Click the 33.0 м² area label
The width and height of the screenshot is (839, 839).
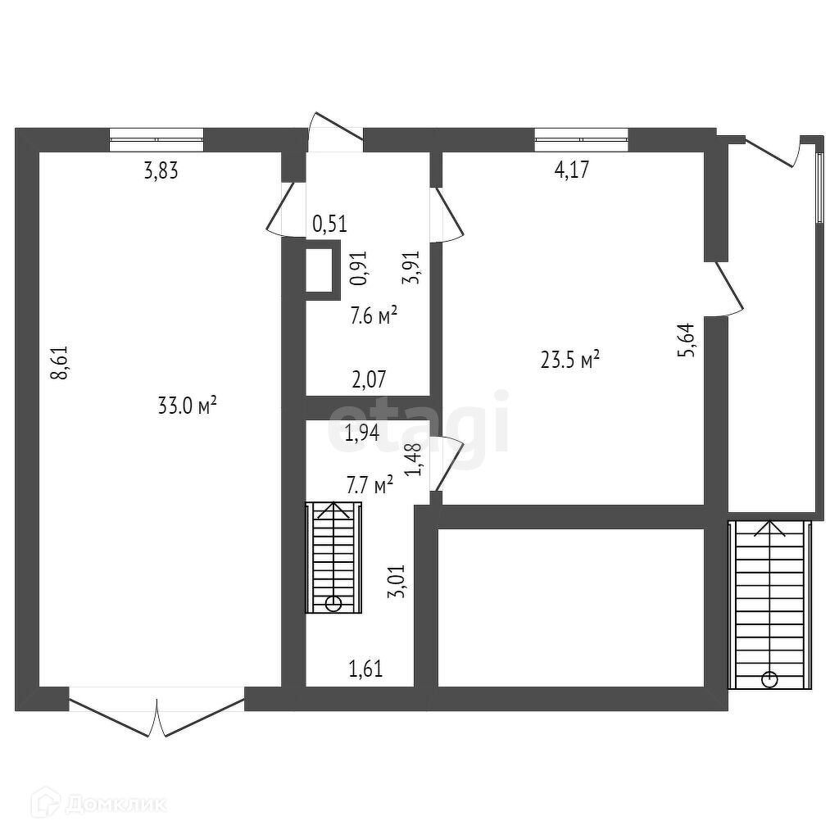coord(186,405)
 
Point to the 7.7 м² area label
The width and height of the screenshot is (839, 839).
coord(370,485)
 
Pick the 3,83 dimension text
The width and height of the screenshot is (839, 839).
coord(161,171)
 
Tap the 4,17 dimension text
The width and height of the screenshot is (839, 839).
coord(572,171)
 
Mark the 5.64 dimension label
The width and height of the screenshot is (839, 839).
coord(688,339)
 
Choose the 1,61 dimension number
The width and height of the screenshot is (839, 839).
coord(366,669)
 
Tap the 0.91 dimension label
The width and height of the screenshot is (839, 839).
coord(359,268)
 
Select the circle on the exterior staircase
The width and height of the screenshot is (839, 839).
coord(769,678)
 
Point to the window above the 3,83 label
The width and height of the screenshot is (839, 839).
coord(156,139)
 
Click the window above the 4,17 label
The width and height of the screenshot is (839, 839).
coord(581,139)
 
